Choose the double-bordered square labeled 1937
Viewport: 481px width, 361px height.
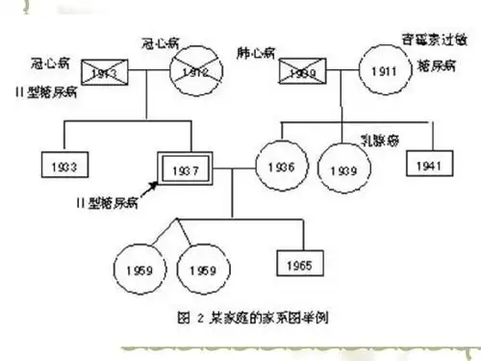point(183,170)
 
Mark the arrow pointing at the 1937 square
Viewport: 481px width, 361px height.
point(154,190)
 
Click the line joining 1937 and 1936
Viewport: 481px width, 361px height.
point(233,168)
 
